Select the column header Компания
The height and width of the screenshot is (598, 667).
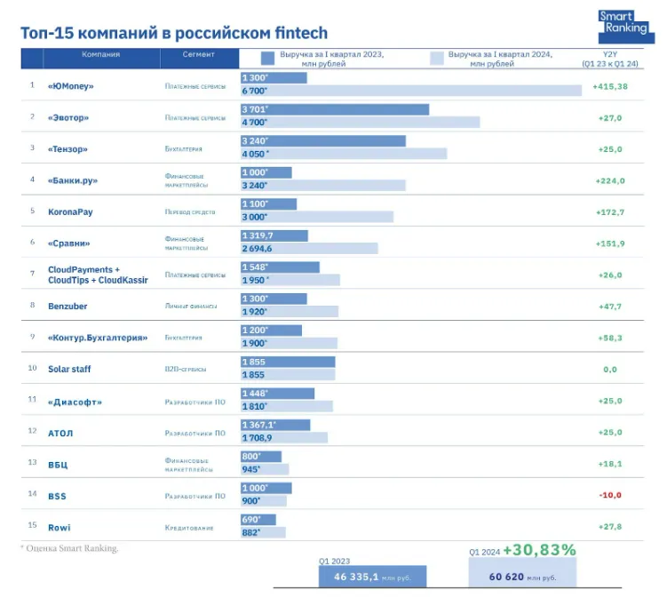click(100, 55)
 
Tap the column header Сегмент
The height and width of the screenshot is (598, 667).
click(199, 55)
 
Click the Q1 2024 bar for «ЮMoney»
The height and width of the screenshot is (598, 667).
click(410, 91)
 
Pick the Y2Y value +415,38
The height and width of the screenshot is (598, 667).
click(609, 86)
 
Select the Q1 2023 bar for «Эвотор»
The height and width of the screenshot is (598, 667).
click(334, 109)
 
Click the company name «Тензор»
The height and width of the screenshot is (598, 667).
click(67, 149)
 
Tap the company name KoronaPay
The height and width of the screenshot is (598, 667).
click(71, 212)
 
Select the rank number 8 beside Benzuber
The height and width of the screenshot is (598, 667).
click(32, 306)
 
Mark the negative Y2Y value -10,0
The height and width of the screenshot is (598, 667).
click(609, 495)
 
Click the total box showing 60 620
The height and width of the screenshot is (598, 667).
click(522, 577)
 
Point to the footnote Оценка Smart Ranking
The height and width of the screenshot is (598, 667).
click(70, 548)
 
